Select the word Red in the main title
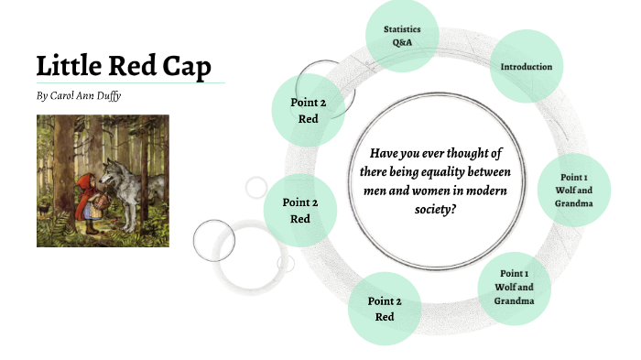(134, 66)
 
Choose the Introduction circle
(526, 67)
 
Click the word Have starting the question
(379, 155)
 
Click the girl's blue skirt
(91, 210)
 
